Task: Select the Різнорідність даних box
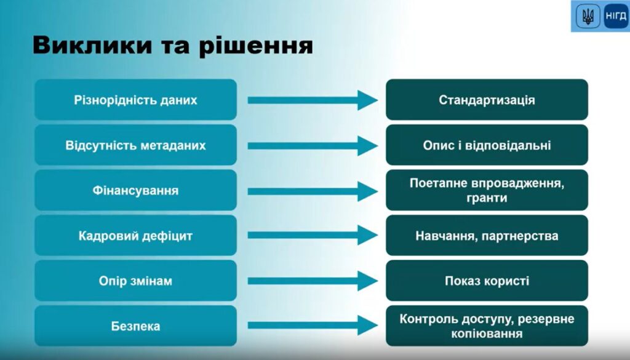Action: pyautogui.click(x=135, y=100)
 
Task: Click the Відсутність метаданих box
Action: pyautogui.click(x=135, y=145)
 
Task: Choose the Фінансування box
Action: pyautogui.click(x=135, y=191)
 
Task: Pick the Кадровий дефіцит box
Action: pyautogui.click(x=135, y=236)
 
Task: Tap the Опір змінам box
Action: pyautogui.click(x=135, y=281)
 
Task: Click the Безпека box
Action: pyautogui.click(x=135, y=326)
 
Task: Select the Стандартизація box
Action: pyautogui.click(x=487, y=100)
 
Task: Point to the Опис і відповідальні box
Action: pyautogui.click(x=487, y=145)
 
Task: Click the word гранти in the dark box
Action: pyautogui.click(x=487, y=198)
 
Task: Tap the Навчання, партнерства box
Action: pyautogui.click(x=487, y=236)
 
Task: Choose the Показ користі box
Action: pyautogui.click(x=487, y=281)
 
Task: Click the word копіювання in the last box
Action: pyautogui.click(x=487, y=334)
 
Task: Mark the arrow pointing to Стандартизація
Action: pyautogui.click(x=312, y=100)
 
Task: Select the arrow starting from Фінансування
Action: pyautogui.click(x=312, y=191)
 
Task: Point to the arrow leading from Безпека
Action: pyautogui.click(x=312, y=326)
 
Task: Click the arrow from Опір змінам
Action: pyautogui.click(x=312, y=281)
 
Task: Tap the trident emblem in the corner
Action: pyautogui.click(x=588, y=16)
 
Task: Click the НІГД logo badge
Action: pyautogui.click(x=615, y=16)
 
